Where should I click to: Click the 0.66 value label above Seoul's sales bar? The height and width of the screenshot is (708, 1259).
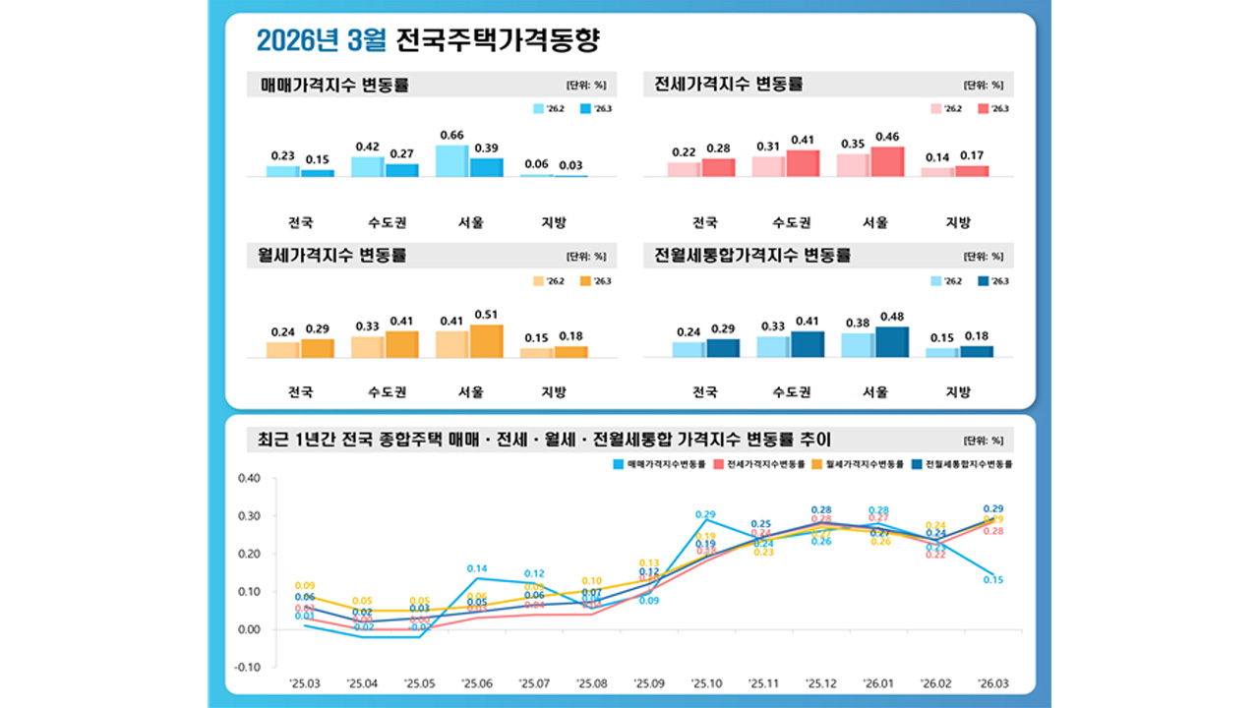pyautogui.click(x=451, y=135)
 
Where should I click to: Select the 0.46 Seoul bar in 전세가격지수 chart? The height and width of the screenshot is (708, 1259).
pyautogui.click(x=887, y=162)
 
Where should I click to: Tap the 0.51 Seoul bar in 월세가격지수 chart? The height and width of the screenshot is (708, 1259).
pyautogui.click(x=486, y=341)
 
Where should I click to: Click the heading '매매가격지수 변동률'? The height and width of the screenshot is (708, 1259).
pyautogui.click(x=334, y=85)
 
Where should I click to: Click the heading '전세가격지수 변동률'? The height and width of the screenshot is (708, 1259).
pyautogui.click(x=729, y=85)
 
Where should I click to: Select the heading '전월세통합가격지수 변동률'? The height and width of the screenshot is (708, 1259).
pyautogui.click(x=752, y=256)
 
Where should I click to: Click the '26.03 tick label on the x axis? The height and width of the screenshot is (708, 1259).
pyautogui.click(x=992, y=681)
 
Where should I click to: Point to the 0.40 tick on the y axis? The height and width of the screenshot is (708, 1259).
pyautogui.click(x=249, y=479)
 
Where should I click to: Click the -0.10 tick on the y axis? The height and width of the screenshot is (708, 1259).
pyautogui.click(x=248, y=667)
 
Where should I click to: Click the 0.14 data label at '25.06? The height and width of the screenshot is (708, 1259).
pyautogui.click(x=477, y=568)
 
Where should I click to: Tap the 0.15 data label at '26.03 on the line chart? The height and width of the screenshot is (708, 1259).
pyautogui.click(x=992, y=580)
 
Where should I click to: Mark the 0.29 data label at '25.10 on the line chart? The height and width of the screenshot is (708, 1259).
pyautogui.click(x=705, y=514)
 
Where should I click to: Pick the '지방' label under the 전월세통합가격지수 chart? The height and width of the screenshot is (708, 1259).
pyautogui.click(x=958, y=392)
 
